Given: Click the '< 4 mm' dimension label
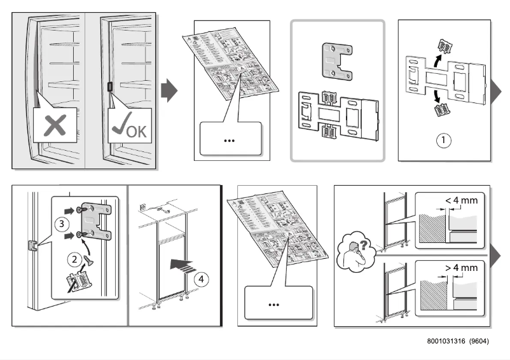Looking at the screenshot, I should pos(460,200).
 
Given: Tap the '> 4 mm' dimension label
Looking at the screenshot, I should pos(460,268).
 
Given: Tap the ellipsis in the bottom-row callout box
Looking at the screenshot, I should pos(273,305).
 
